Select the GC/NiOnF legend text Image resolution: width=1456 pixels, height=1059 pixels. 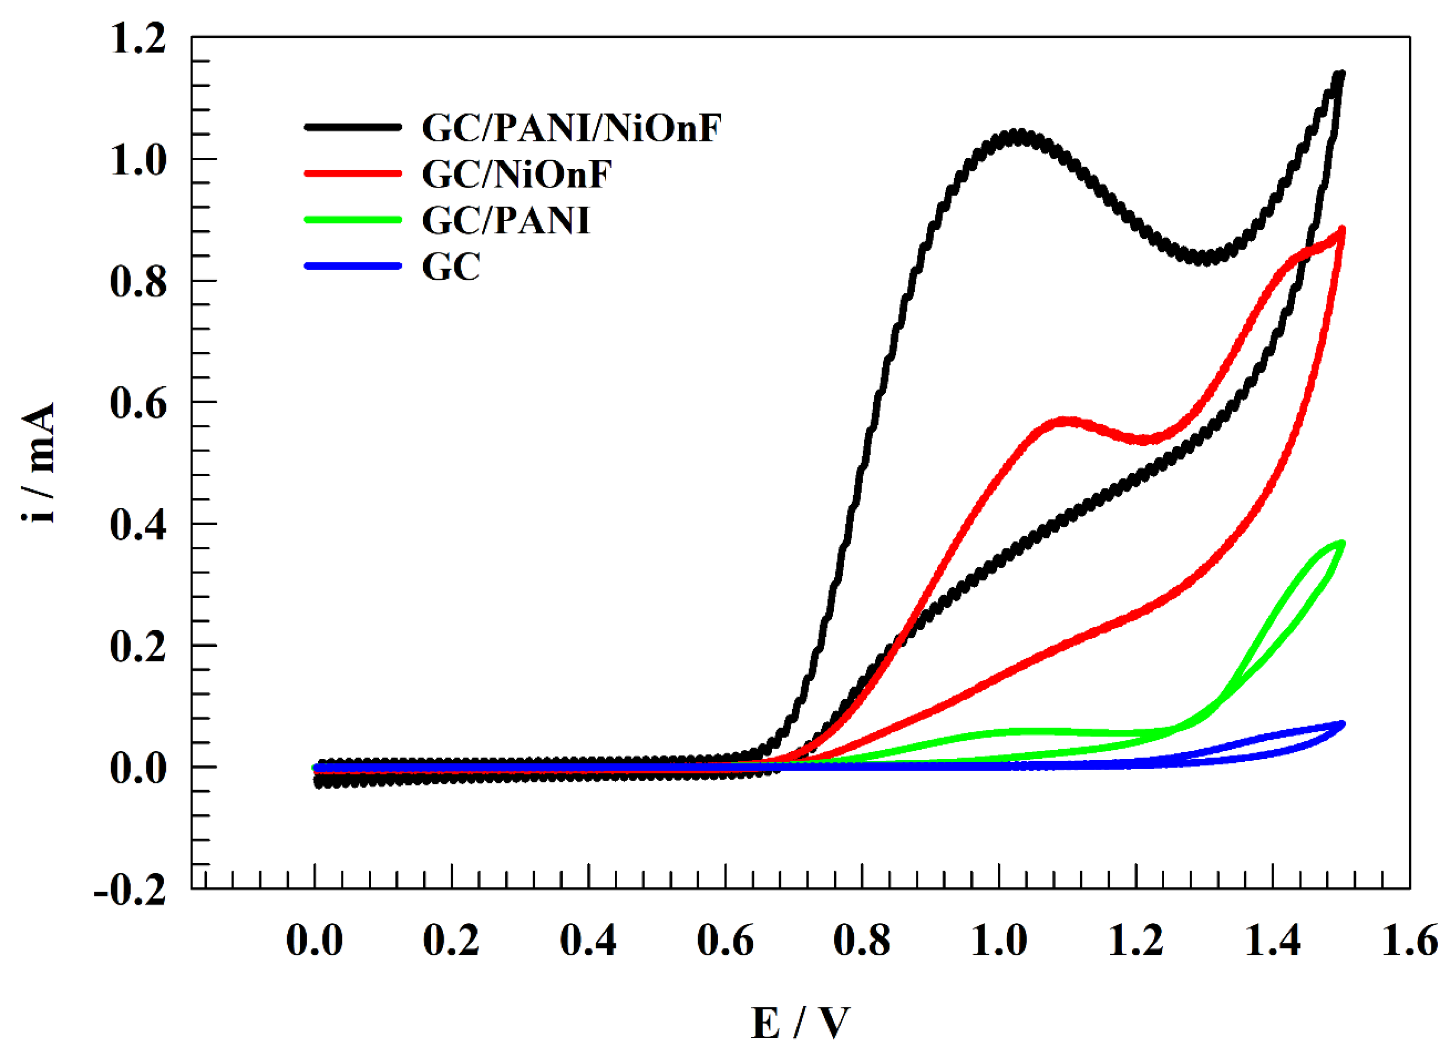click(517, 174)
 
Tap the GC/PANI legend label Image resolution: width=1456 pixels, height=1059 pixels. click(506, 221)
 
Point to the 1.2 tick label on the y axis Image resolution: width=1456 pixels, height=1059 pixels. click(138, 38)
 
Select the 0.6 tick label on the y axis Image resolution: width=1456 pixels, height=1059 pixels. click(138, 404)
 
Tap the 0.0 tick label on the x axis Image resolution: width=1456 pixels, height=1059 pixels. click(314, 941)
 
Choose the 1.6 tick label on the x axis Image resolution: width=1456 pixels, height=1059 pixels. click(1409, 941)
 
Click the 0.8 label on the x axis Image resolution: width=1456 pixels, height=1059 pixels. click(862, 941)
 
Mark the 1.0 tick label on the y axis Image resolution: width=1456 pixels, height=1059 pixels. click(138, 160)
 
